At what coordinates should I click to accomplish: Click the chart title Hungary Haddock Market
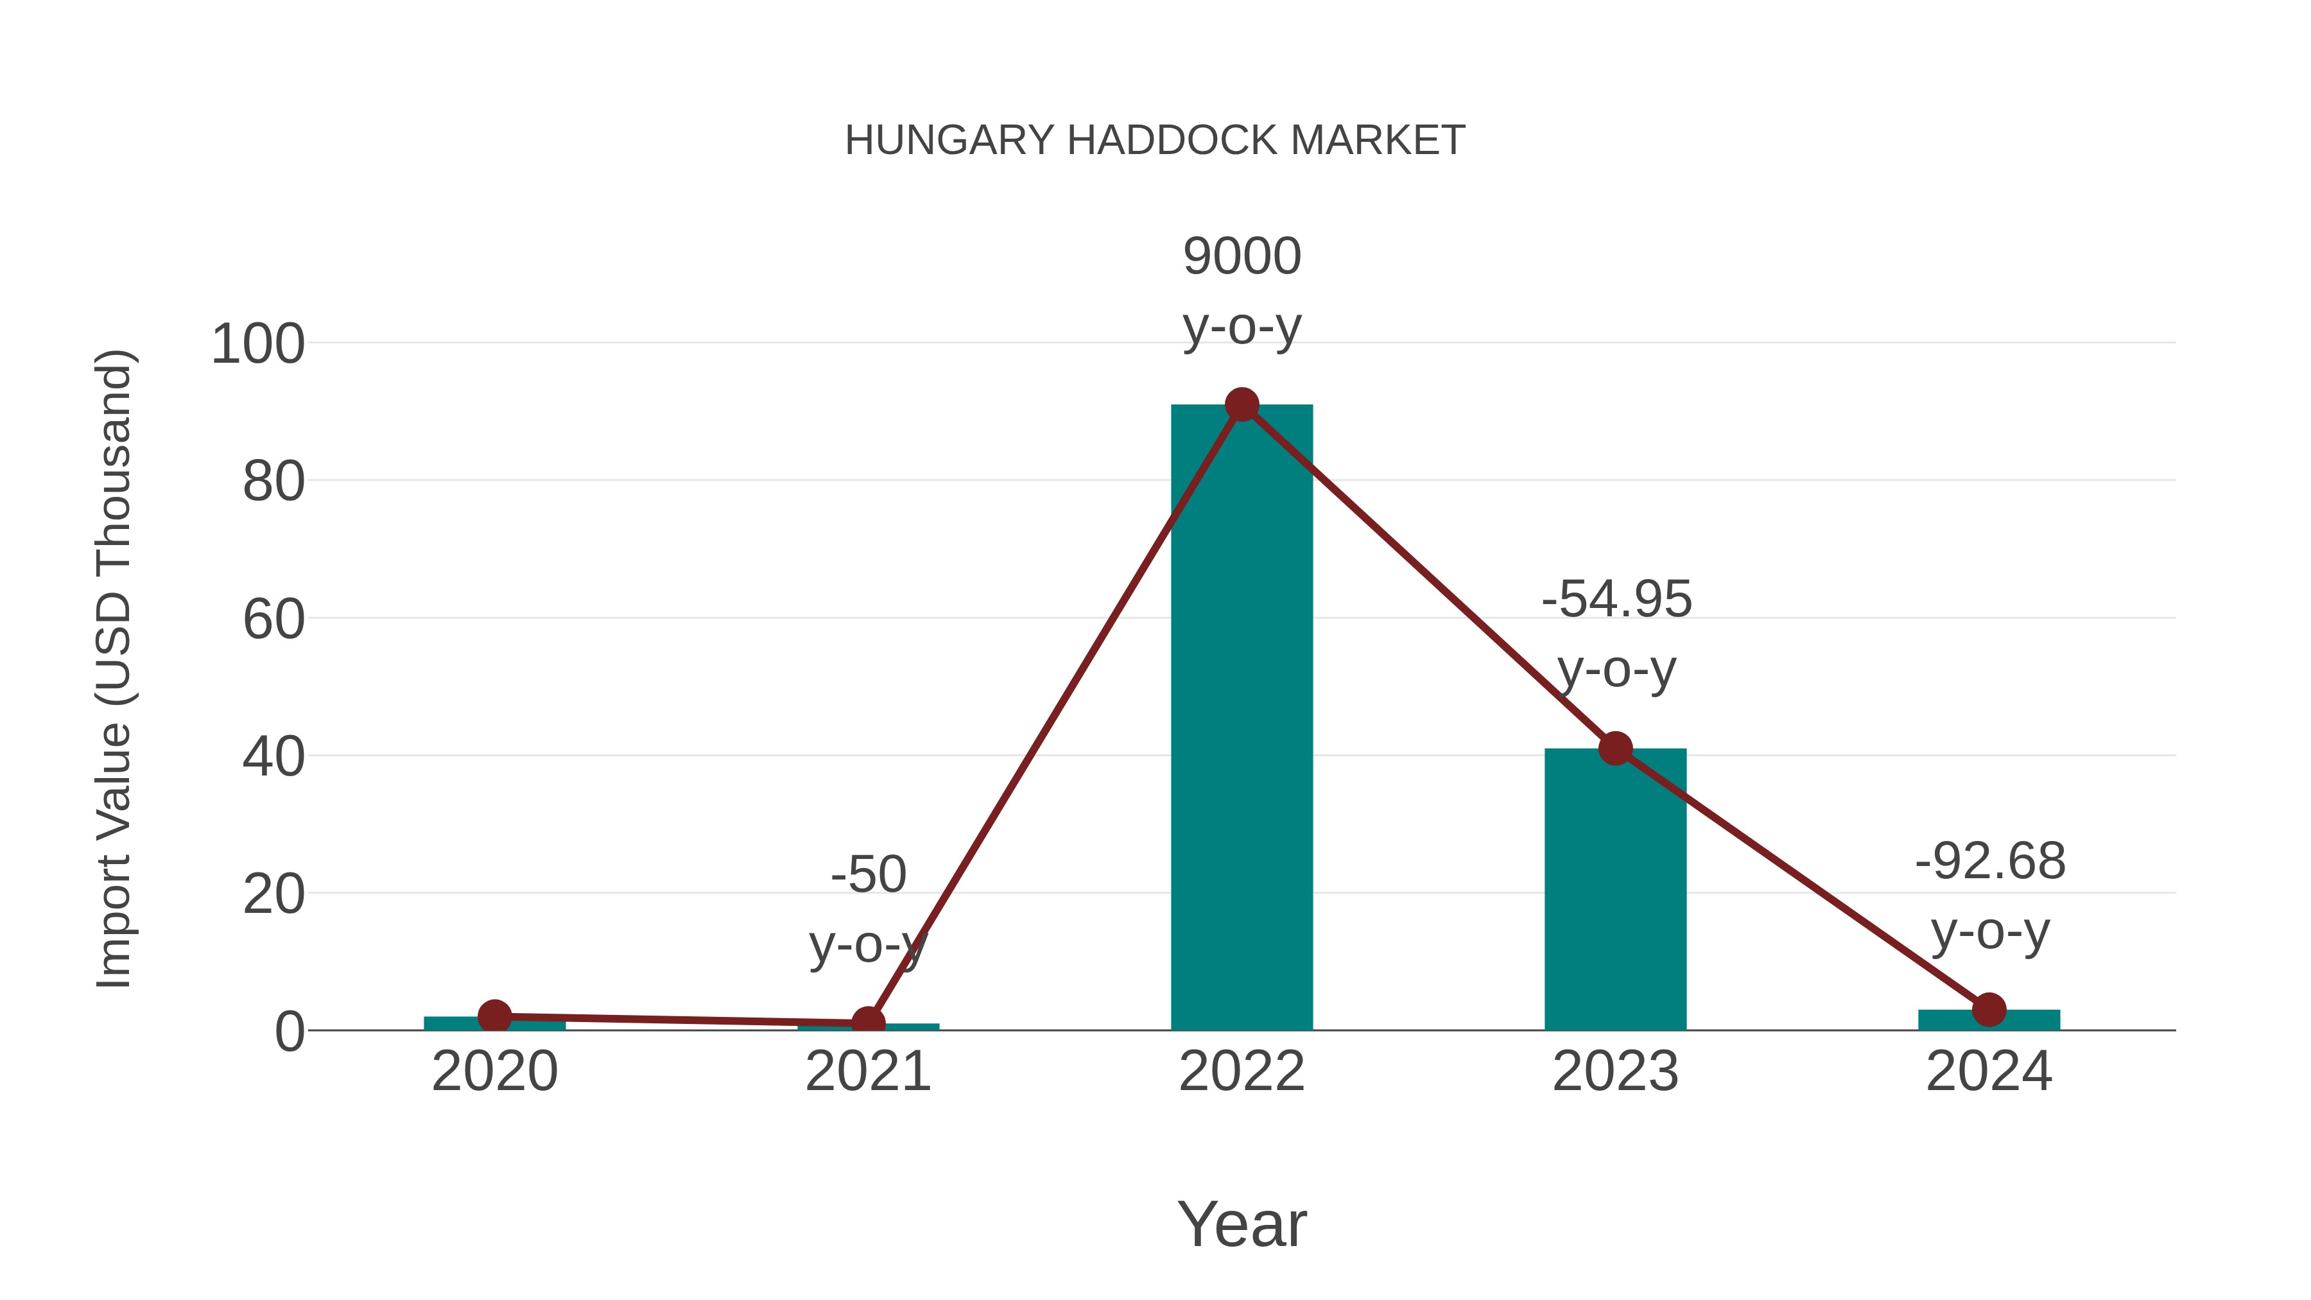(1155, 141)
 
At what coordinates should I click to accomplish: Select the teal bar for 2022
(1242, 718)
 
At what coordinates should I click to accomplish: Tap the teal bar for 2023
(1615, 888)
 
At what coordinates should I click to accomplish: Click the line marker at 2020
(494, 1016)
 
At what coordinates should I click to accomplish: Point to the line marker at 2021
(867, 1023)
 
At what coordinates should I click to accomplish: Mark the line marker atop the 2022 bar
(1242, 406)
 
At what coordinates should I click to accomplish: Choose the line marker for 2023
(1615, 749)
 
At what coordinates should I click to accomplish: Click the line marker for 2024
(1989, 1009)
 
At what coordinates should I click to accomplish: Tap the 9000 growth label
(1242, 257)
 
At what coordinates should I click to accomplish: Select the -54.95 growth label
(1616, 600)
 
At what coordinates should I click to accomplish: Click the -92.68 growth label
(1990, 862)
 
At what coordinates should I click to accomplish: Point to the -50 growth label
(869, 875)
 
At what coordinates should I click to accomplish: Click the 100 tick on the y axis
(257, 345)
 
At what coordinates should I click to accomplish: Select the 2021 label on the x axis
(867, 1071)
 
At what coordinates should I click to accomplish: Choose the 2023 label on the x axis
(1615, 1071)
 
